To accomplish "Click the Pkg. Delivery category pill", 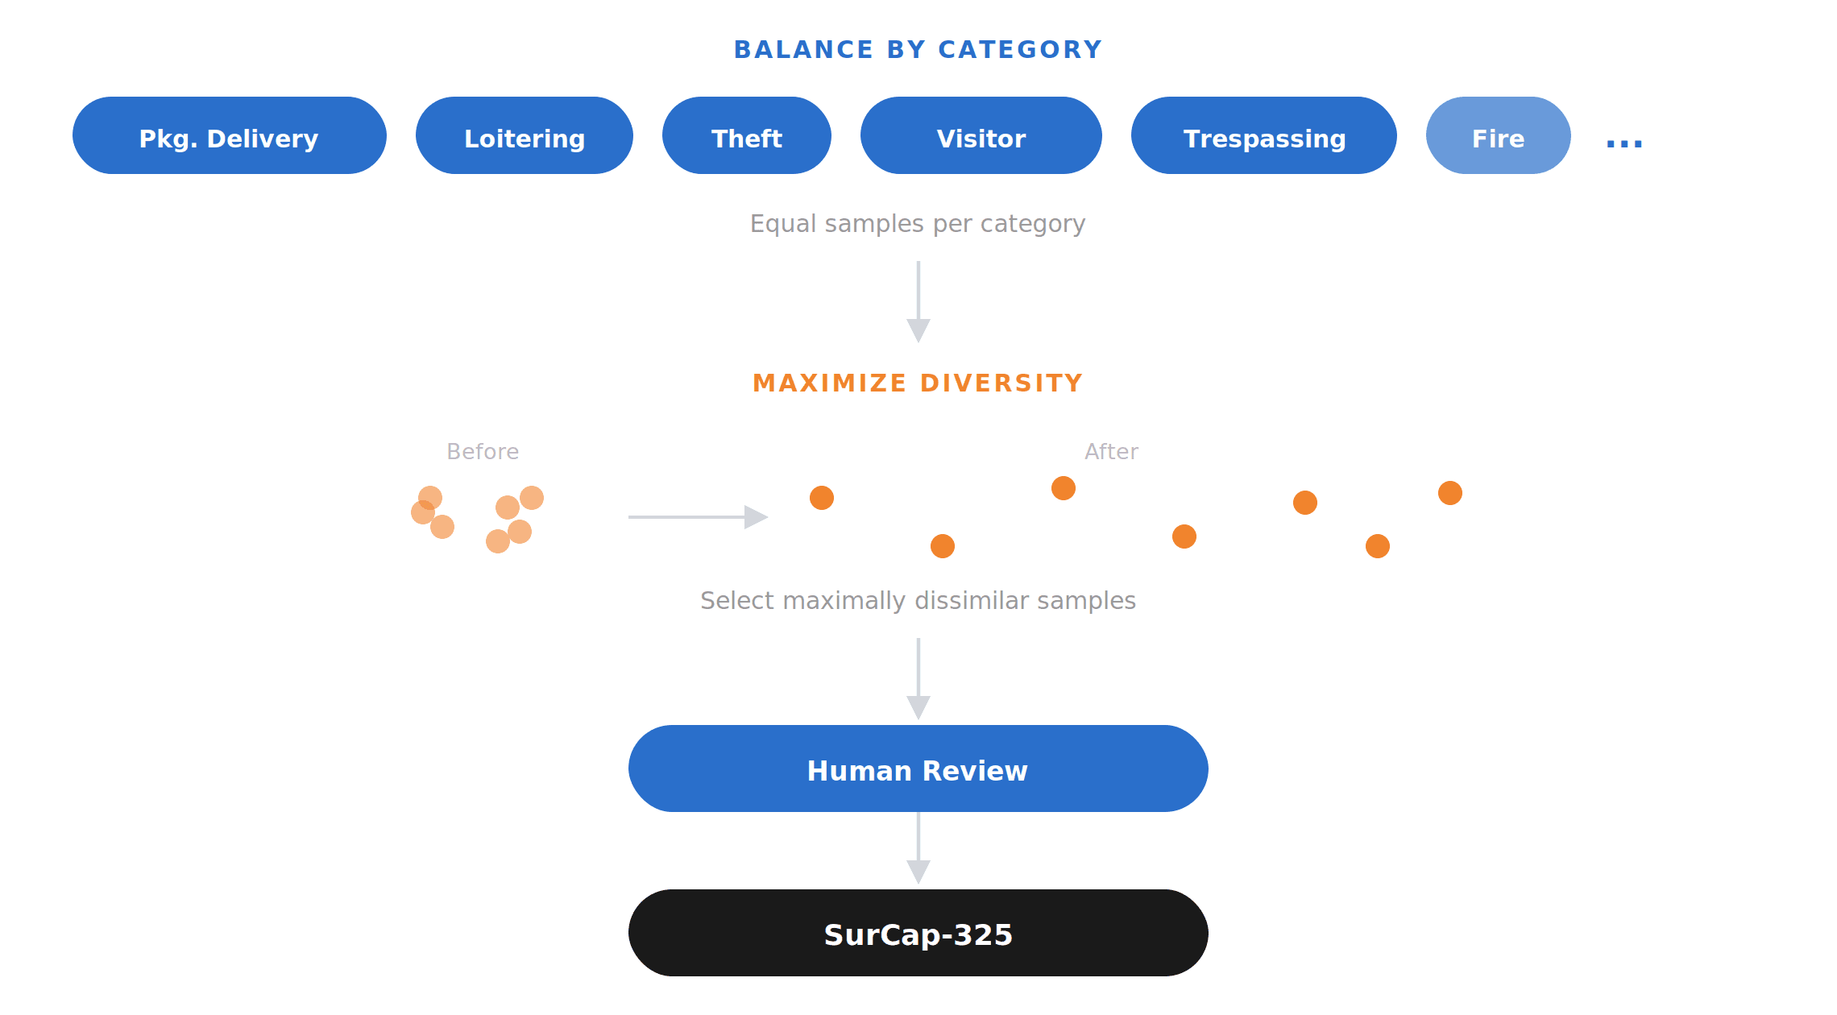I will (x=229, y=135).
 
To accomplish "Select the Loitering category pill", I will (x=524, y=135).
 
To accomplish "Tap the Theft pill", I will (x=746, y=135).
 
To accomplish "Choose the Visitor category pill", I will (x=981, y=135).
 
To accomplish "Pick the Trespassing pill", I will (x=1263, y=135).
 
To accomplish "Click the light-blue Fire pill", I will (x=1498, y=135).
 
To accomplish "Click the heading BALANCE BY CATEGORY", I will (x=918, y=50).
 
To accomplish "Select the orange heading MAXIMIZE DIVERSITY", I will (x=918, y=383).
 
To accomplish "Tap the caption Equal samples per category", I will (x=918, y=223).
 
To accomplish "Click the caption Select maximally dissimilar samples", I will (x=918, y=600).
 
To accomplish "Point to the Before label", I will (x=483, y=451).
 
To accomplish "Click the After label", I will (x=1111, y=451).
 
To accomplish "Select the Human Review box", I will (x=918, y=768).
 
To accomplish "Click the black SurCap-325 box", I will (x=918, y=933).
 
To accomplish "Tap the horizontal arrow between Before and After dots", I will (x=697, y=517).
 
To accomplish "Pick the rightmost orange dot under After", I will (x=1449, y=493).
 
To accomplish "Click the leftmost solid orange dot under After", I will (x=822, y=498).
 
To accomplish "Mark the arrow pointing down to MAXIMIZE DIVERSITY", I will (x=918, y=302).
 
